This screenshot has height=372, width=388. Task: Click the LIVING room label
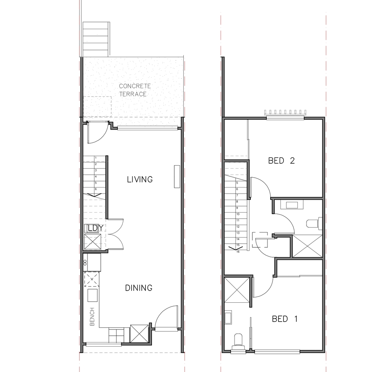click(x=140, y=179)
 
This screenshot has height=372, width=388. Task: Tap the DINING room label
click(x=139, y=288)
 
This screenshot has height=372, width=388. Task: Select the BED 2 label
click(x=282, y=161)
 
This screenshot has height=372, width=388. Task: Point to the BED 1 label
click(x=285, y=319)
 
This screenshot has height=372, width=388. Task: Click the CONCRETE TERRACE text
click(x=135, y=90)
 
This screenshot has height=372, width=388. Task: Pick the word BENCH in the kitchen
click(x=92, y=317)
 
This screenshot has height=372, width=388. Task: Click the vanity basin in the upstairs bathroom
click(x=292, y=205)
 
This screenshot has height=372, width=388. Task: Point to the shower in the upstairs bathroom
click(x=307, y=246)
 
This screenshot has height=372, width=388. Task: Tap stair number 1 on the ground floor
click(x=96, y=158)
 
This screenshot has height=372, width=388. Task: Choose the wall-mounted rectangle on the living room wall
click(x=177, y=177)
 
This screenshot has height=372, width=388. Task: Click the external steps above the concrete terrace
click(x=96, y=39)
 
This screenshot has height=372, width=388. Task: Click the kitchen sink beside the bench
click(x=93, y=295)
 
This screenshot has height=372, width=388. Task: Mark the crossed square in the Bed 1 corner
click(x=236, y=290)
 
